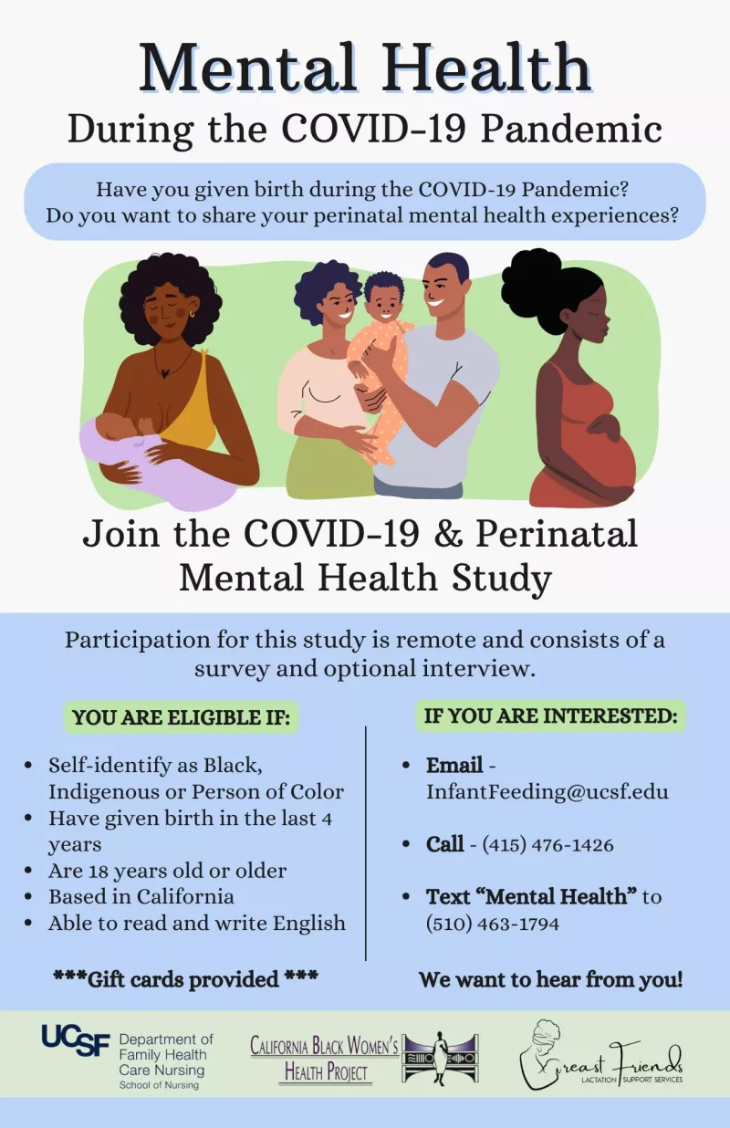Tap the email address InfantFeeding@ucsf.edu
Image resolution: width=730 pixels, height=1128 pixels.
pos(547,791)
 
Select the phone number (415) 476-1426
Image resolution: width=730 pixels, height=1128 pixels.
pos(548,844)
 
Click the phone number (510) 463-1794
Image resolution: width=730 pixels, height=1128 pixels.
pos(493,924)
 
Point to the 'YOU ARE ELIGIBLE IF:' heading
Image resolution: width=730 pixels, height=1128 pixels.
pos(182,717)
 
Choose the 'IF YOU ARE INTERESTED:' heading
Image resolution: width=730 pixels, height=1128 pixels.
pos(551,715)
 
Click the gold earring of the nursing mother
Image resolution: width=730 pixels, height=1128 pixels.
pos(193,314)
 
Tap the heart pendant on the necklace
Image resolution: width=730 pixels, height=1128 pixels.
pos(163,373)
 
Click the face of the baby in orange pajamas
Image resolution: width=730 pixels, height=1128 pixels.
pos(383,303)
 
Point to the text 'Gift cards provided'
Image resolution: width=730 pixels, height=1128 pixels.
pos(182,979)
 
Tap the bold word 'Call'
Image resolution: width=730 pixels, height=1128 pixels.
pos(444,844)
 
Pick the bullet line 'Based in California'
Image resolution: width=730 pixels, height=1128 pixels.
pos(141,896)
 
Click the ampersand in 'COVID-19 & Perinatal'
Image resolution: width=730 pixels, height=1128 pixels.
pos(447,534)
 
